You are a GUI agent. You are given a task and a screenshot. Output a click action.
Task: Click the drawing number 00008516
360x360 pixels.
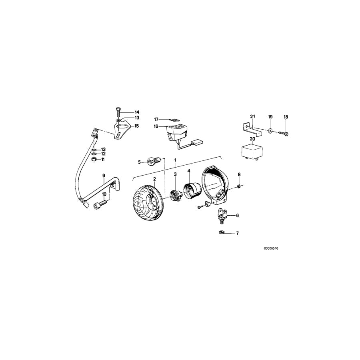271,248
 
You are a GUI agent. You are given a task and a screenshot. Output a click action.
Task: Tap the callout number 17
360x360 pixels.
156,119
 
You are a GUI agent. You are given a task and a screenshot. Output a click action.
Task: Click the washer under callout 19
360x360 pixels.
270,131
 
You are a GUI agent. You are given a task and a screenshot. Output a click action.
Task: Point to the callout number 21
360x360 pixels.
252,116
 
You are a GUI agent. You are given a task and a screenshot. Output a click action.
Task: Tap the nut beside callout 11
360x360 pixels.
93,160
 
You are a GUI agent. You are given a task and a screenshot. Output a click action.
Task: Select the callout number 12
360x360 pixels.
103,154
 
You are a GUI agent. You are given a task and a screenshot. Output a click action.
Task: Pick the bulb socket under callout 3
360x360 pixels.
175,194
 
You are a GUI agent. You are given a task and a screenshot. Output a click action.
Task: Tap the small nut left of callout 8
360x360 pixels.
238,186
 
